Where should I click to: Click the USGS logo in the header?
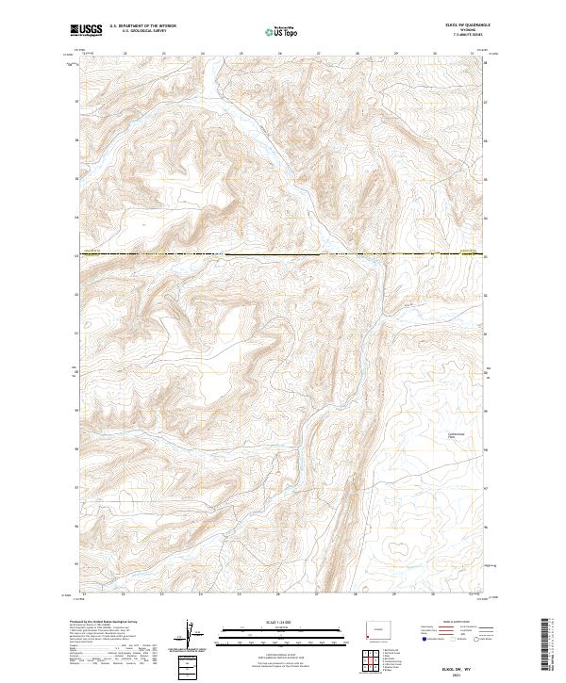click(88, 31)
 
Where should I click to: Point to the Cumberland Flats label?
click(456, 434)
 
